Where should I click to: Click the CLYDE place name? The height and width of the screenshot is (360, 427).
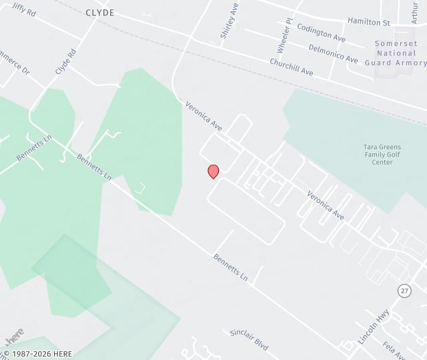pos(100,13)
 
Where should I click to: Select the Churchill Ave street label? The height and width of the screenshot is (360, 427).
pos(292,67)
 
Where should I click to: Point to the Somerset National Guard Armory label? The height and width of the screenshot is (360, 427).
pos(396,53)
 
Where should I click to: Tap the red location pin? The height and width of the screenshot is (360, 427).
pos(213,171)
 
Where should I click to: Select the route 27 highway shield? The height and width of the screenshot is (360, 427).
pos(404,291)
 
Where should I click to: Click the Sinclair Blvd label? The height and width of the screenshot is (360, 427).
pos(249,340)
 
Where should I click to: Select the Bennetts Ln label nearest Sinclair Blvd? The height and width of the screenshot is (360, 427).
pos(230,267)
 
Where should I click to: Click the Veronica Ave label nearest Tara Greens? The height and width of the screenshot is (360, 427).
pos(326,206)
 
